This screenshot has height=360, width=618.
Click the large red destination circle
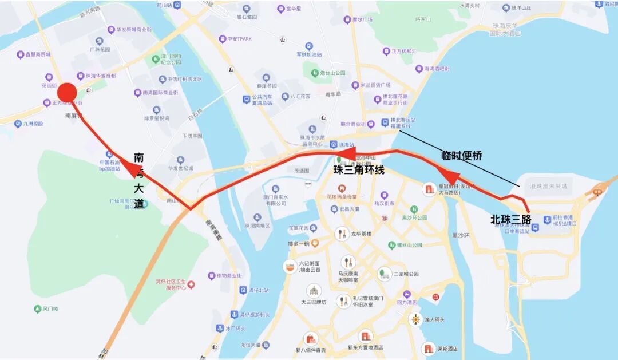[x=67, y=93]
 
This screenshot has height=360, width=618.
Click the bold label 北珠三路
[x=510, y=219]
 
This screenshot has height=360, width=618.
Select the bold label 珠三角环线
[x=359, y=170]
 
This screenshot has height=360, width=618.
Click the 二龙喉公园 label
[x=406, y=274]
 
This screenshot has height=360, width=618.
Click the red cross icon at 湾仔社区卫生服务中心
[x=192, y=284]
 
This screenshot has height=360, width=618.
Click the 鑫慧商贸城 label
[x=38, y=54]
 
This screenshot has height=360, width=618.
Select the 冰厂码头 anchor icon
[x=219, y=329]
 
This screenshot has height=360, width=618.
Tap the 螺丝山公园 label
[x=409, y=244]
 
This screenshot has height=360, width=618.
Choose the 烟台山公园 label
[x=332, y=73]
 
